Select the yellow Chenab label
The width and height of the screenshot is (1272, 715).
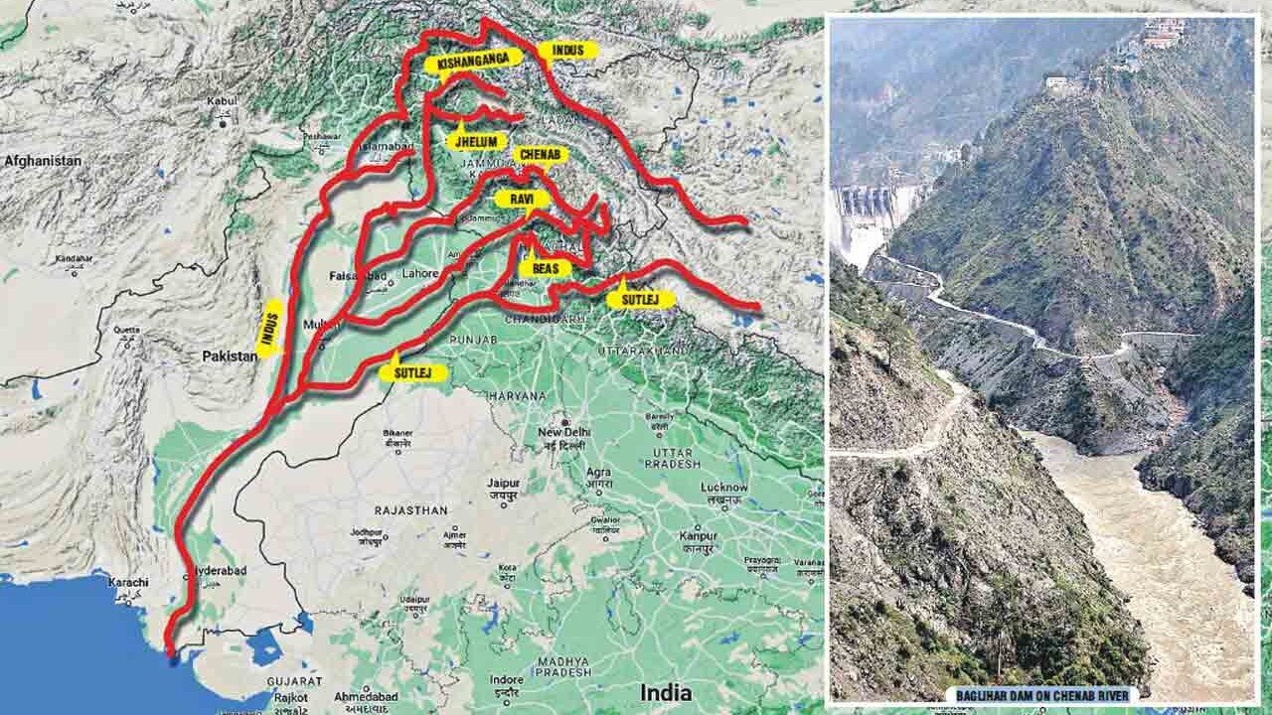(542, 154)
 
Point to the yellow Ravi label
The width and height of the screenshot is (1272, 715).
(522, 199)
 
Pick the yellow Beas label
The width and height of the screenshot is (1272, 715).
(545, 268)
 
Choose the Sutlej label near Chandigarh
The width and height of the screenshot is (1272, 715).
(640, 298)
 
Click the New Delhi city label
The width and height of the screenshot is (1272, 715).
(563, 433)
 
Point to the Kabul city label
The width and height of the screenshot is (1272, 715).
(220, 101)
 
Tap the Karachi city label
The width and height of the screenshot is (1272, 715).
(131, 582)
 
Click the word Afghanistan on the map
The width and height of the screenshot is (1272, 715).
(42, 159)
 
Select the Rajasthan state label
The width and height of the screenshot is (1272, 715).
(410, 509)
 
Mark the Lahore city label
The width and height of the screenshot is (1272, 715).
(414, 272)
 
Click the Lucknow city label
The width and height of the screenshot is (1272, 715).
(723, 488)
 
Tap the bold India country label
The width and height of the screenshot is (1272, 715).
(666, 691)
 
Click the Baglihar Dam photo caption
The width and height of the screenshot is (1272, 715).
(1041, 694)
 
